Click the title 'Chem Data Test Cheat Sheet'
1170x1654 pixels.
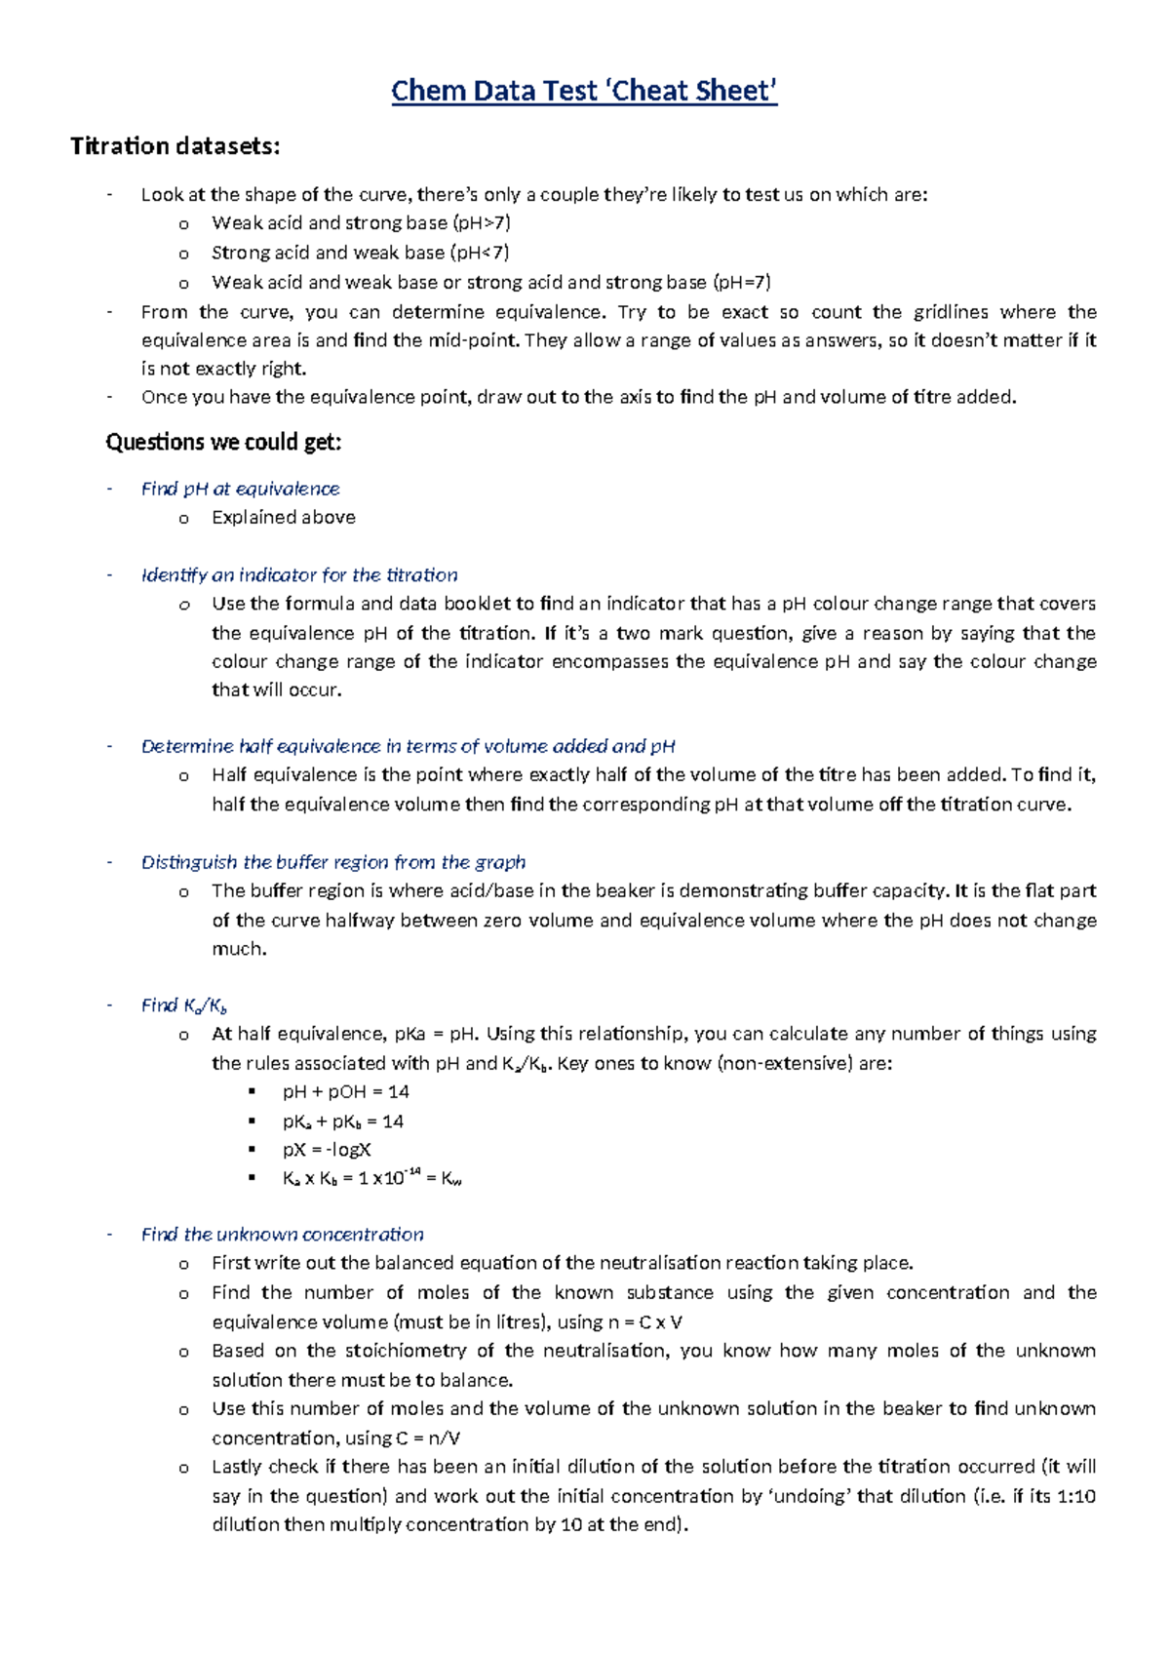(x=584, y=91)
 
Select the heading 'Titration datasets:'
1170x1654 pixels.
(x=175, y=146)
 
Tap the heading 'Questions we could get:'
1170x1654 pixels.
(x=223, y=443)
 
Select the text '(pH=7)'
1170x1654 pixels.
(x=742, y=283)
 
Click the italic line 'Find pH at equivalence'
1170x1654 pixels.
(x=240, y=489)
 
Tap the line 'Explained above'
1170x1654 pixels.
(x=283, y=518)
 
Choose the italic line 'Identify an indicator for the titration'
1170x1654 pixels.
(x=299, y=575)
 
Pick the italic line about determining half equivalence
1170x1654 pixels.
(x=408, y=747)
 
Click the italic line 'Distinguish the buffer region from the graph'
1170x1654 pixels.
(x=333, y=862)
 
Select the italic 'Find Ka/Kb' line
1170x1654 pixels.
(x=184, y=1005)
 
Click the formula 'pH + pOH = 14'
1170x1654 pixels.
(x=345, y=1092)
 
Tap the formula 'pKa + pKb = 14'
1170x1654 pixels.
(x=342, y=1122)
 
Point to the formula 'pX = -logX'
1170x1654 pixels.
(x=327, y=1150)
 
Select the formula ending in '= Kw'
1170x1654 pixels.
(x=371, y=1178)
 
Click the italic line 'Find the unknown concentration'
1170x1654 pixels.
(x=283, y=1235)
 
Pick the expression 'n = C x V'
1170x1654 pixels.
(x=644, y=1322)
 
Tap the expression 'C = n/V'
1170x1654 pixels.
(x=428, y=1438)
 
